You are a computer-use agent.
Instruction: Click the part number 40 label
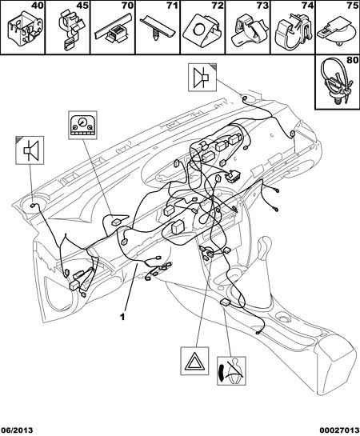click(x=38, y=6)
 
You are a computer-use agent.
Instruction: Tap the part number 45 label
click(x=82, y=6)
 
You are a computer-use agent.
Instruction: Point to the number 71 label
click(x=173, y=6)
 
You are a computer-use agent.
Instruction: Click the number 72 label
click(x=218, y=6)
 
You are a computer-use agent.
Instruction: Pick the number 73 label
click(x=262, y=6)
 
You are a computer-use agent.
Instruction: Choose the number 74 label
click(x=308, y=6)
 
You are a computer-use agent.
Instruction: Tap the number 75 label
click(x=353, y=6)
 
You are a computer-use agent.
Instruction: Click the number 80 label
click(x=353, y=60)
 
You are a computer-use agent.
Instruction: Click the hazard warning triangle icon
click(x=194, y=361)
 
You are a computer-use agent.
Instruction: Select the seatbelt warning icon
click(x=231, y=370)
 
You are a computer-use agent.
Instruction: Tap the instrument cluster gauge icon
click(x=82, y=125)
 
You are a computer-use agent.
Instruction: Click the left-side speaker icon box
click(x=30, y=150)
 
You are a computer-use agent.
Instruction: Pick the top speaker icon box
click(x=202, y=78)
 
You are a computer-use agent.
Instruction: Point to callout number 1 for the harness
click(x=122, y=317)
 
